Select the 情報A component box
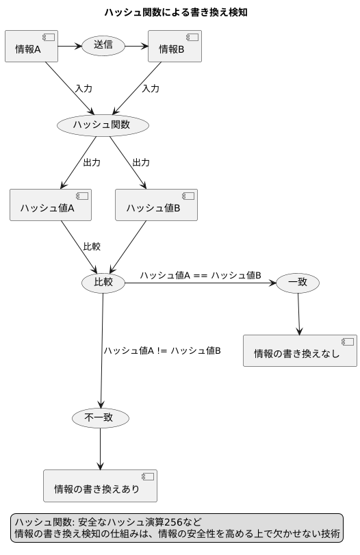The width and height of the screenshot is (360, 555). (31, 47)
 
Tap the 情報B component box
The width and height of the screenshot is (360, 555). (175, 47)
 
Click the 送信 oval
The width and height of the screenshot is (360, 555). (103, 47)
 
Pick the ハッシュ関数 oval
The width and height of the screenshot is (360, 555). (103, 125)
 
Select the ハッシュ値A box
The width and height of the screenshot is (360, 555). (51, 205)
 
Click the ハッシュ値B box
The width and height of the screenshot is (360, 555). (156, 205)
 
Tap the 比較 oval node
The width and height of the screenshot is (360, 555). (103, 283)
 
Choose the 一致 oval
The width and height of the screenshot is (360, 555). (297, 283)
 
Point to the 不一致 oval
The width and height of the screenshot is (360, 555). (100, 417)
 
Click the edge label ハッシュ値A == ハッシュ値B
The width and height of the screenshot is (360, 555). (201, 275)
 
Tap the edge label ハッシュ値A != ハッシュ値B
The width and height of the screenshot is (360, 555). (162, 350)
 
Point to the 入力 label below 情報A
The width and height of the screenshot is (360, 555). (83, 89)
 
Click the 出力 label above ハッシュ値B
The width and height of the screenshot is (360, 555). (141, 163)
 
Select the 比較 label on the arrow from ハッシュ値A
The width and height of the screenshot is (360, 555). (91, 246)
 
